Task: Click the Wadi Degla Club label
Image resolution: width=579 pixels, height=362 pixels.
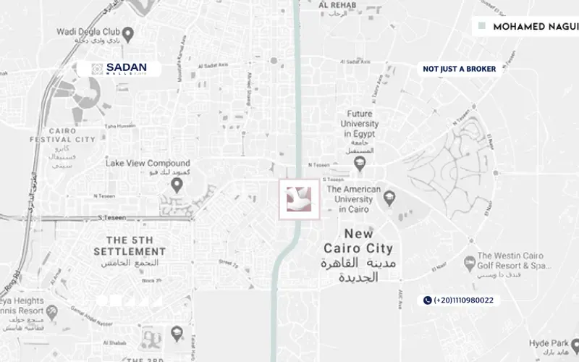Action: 85,33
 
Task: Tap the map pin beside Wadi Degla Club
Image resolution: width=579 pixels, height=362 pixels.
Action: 127,33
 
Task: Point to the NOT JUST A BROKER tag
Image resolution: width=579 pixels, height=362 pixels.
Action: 460,69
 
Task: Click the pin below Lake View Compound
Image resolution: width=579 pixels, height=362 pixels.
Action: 175,186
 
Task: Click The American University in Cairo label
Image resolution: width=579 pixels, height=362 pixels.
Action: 354,199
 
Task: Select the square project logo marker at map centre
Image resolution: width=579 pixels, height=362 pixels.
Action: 298,199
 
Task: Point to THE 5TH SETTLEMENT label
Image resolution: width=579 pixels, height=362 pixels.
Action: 130,245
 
